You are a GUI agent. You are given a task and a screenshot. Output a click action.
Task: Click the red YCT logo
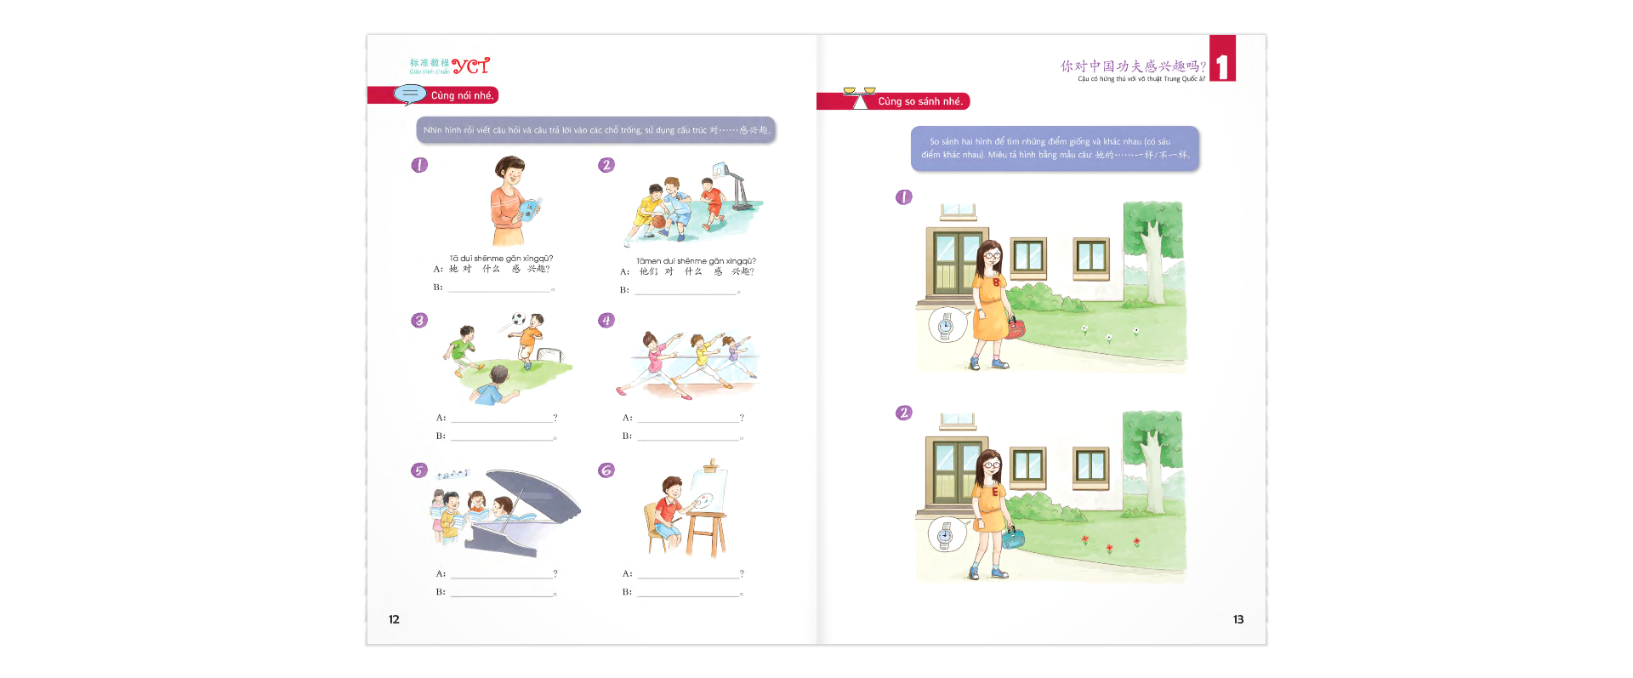click(x=470, y=66)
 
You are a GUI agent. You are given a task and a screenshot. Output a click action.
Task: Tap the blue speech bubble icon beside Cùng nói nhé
click(x=410, y=94)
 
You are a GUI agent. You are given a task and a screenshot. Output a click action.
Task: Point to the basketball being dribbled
click(x=658, y=221)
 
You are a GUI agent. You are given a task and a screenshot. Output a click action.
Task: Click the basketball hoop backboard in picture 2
click(x=720, y=170)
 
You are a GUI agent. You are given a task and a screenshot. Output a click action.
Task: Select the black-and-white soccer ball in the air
click(x=518, y=320)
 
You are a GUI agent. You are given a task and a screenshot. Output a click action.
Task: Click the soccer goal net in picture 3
click(x=551, y=355)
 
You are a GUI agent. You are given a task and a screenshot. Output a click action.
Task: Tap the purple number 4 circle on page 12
click(x=606, y=321)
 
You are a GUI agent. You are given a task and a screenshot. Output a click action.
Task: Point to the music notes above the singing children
click(x=452, y=475)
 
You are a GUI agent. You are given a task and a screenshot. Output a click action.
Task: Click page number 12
click(x=394, y=619)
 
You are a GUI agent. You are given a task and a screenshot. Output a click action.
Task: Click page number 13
click(x=1238, y=619)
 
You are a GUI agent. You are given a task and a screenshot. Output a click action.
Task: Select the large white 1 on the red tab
click(x=1222, y=66)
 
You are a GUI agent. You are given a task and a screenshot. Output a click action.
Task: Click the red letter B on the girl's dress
click(x=996, y=282)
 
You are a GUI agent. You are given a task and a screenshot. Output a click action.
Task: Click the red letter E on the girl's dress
click(x=995, y=492)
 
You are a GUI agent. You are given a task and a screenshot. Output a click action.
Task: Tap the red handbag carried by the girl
click(x=1016, y=328)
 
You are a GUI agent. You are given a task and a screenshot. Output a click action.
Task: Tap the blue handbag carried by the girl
click(x=1013, y=538)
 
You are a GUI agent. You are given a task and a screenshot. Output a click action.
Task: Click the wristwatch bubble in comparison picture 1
click(x=945, y=326)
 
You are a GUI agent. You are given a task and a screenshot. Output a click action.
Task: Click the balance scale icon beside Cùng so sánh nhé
click(x=858, y=98)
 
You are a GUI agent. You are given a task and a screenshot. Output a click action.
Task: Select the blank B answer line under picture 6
click(x=688, y=594)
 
